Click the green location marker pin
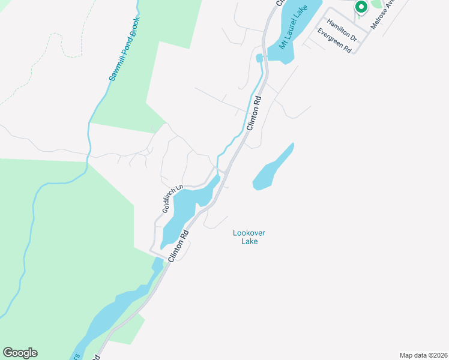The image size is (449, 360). coord(361,7)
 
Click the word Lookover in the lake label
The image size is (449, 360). coord(246,233)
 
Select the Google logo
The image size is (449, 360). coord(20,352)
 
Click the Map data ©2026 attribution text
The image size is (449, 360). coord(423,355)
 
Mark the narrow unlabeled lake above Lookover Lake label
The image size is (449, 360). coord(273,168)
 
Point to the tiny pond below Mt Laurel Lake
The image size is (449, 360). coord(259,58)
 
